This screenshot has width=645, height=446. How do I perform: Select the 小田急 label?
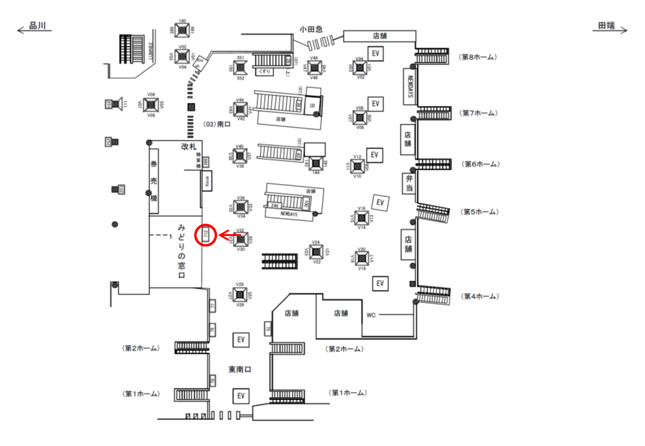click(x=311, y=28)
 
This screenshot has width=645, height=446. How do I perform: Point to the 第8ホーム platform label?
click(x=478, y=57)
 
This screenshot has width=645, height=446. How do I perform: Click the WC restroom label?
click(x=371, y=315)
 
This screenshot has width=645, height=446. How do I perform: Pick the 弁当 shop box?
click(x=408, y=184)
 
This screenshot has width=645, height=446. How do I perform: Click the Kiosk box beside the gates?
click(x=207, y=181)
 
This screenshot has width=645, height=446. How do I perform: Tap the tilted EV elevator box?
click(x=380, y=202)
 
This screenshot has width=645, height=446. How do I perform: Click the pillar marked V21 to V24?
click(x=316, y=251)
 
